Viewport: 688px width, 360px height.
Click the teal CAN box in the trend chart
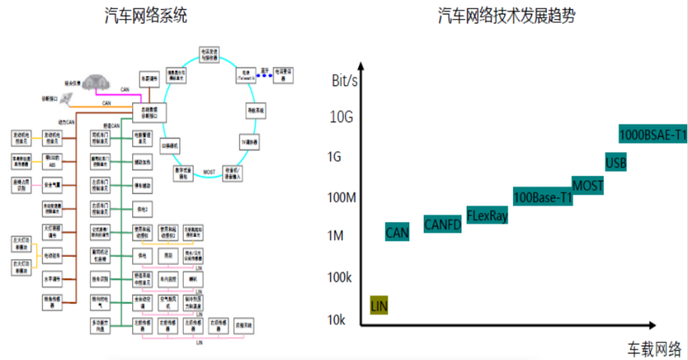pyautogui.click(x=397, y=232)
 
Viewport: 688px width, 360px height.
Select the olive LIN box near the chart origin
pyautogui.click(x=379, y=305)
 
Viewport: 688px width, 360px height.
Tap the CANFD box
pyautogui.click(x=443, y=223)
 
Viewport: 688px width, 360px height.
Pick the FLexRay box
pyautogui.click(x=487, y=215)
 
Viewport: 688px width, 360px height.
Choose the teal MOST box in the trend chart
pyautogui.click(x=588, y=184)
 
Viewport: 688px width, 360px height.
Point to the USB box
pyautogui.click(x=615, y=162)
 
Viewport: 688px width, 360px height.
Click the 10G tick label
pyautogui.click(x=341, y=117)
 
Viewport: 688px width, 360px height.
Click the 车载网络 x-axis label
pyautogui.click(x=654, y=349)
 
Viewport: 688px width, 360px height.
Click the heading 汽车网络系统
pyautogui.click(x=146, y=15)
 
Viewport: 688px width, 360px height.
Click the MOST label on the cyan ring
pyautogui.click(x=210, y=173)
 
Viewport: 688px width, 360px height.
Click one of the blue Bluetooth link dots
pyautogui.click(x=265, y=75)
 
